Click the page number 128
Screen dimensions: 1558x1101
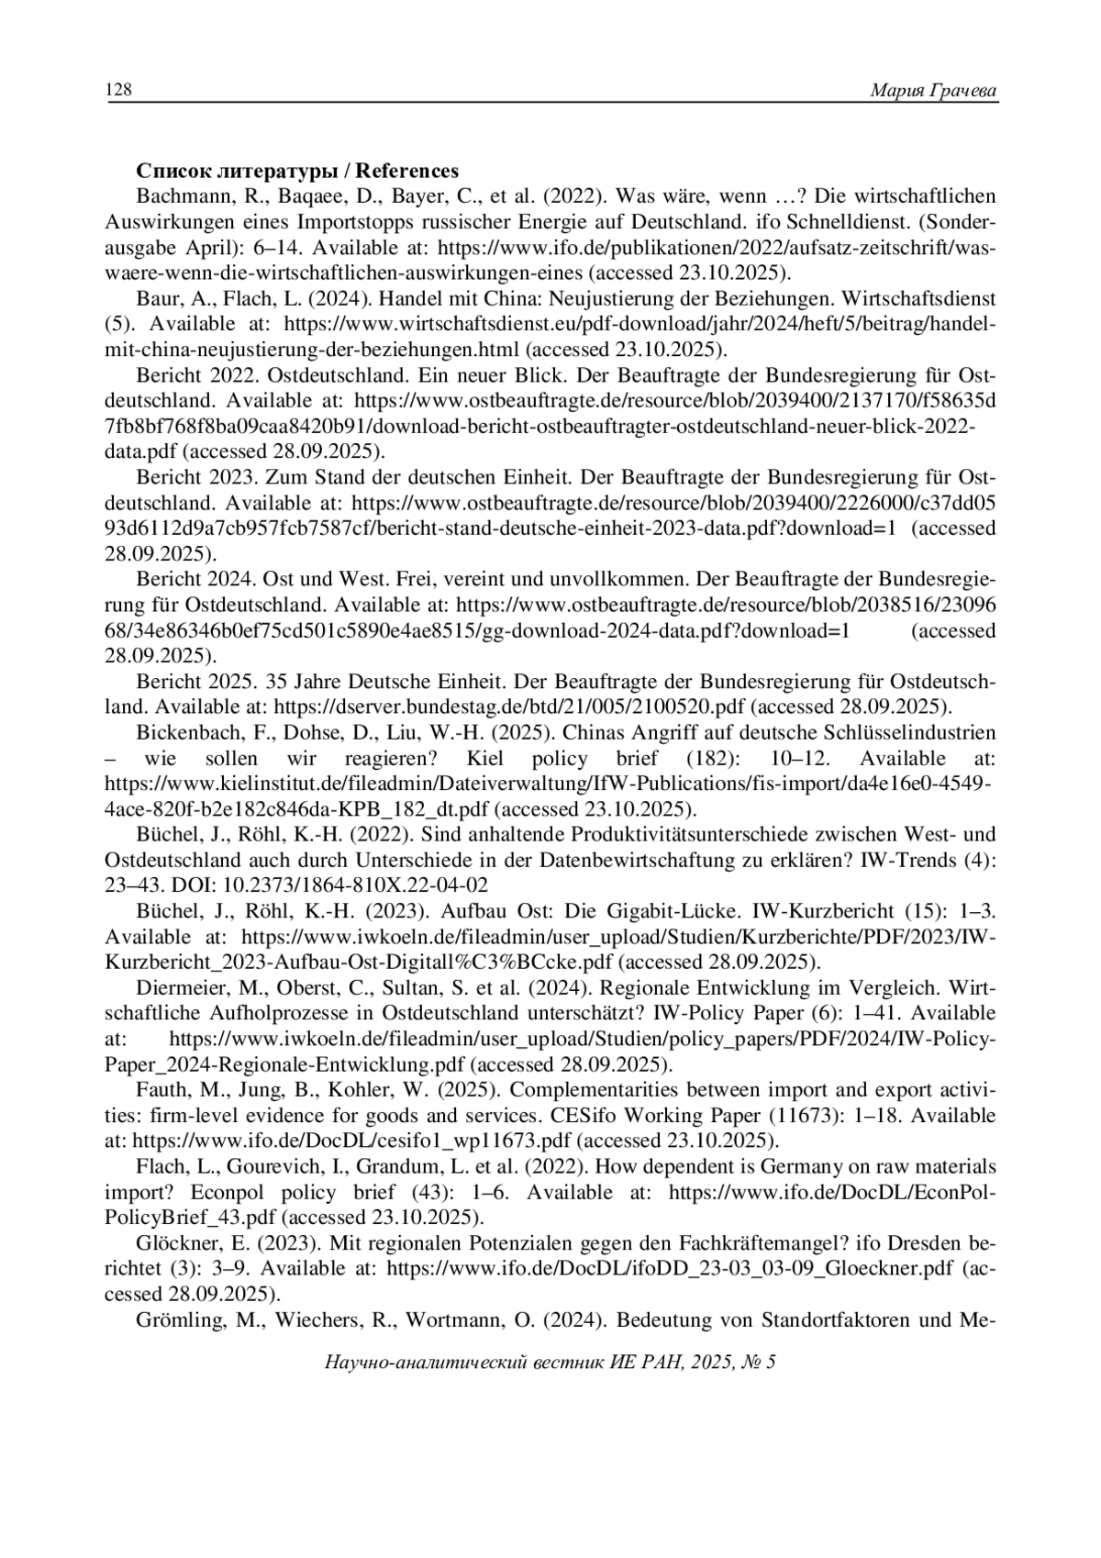tap(118, 90)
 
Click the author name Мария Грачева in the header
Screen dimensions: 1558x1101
tap(932, 90)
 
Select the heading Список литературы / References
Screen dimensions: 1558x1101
tap(297, 172)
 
